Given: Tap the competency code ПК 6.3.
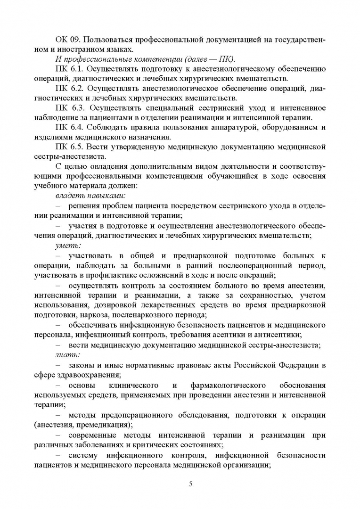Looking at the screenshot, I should coord(68,108).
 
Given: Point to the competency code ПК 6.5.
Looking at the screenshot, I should coord(68,147).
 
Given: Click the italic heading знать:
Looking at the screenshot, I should coord(69,354).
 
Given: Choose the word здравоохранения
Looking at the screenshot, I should coord(89,375).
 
